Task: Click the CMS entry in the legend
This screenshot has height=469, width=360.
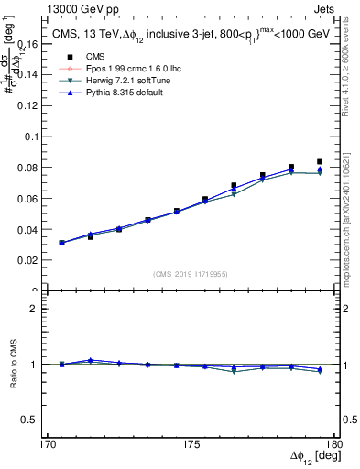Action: [x=82, y=57]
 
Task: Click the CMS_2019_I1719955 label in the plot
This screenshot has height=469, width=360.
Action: [x=191, y=273]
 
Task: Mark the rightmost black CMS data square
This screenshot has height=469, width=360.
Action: [x=320, y=161]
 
